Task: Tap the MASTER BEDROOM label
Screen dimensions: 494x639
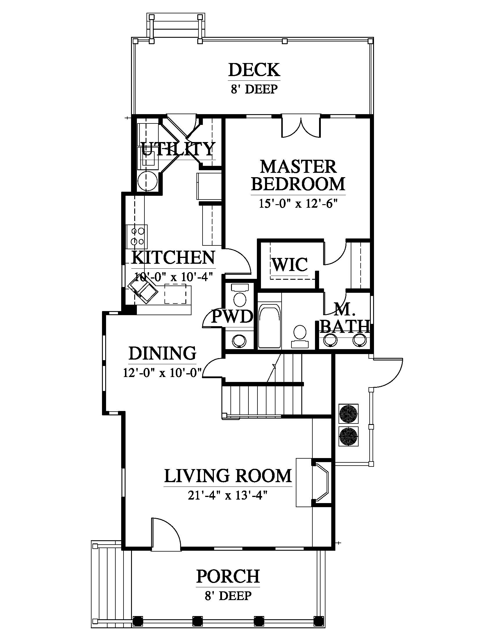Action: [x=298, y=175]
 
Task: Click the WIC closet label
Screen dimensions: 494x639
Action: [x=290, y=265]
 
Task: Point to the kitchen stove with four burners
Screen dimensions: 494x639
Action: [x=137, y=236]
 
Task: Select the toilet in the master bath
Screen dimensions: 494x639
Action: [x=300, y=336]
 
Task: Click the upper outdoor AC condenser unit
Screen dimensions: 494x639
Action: [x=348, y=414]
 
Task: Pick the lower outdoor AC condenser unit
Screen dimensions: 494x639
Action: [x=348, y=436]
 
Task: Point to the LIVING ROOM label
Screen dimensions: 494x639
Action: [x=228, y=476]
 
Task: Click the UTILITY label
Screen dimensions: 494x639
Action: [x=178, y=149]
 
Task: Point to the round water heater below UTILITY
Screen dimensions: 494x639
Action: [x=147, y=182]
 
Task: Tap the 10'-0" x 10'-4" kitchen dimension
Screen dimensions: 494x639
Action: [x=173, y=277]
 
